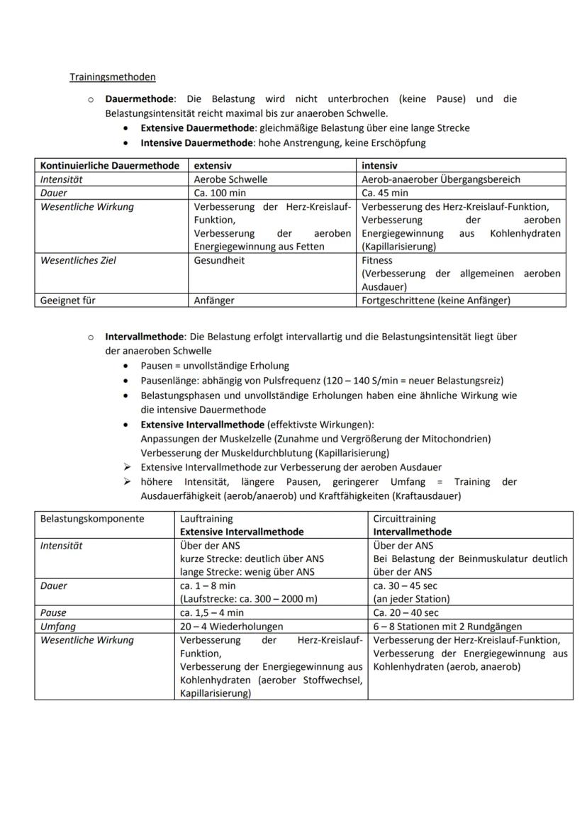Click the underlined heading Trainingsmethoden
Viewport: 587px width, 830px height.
click(112, 77)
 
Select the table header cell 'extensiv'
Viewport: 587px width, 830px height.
click(213, 166)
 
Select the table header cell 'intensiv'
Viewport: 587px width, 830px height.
click(379, 166)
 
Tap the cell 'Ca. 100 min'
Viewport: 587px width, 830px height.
click(220, 193)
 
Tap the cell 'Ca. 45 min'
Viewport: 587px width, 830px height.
click(385, 193)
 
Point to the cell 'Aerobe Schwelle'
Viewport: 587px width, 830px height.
click(230, 179)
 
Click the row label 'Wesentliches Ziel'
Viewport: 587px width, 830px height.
click(78, 260)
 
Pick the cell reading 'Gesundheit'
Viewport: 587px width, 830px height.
click(219, 260)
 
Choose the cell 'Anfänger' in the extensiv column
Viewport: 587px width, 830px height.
click(214, 301)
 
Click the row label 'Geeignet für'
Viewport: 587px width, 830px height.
click(68, 301)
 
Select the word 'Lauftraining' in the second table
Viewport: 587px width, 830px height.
click(206, 519)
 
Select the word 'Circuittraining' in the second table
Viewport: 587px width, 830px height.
click(405, 519)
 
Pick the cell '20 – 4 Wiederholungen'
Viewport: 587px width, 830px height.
click(231, 627)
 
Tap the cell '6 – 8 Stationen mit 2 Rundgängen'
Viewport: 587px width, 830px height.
click(447, 627)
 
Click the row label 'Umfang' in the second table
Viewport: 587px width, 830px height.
click(58, 627)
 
